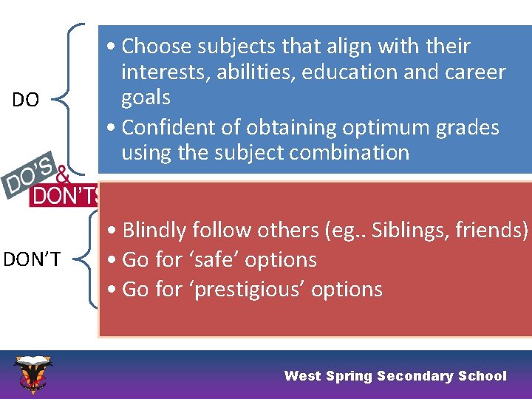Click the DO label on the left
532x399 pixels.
tap(26, 100)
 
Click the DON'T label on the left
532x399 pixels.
tap(32, 259)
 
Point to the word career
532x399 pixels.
tap(473, 72)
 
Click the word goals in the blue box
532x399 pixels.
tap(146, 98)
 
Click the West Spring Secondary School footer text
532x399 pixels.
tap(395, 376)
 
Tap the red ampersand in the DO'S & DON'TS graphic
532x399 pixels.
tap(64, 177)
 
